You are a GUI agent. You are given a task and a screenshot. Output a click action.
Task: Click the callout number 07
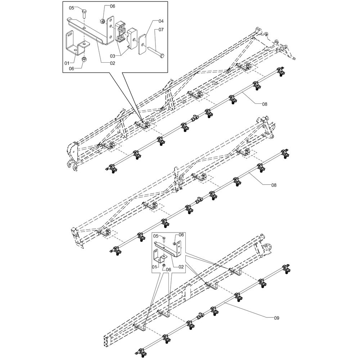pyautogui.click(x=161, y=30)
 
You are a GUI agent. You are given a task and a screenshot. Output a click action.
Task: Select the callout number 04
pyautogui.click(x=161, y=21)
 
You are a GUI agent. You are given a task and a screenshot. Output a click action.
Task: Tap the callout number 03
pyautogui.click(x=112, y=56)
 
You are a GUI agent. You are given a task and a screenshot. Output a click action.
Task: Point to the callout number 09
pyautogui.click(x=276, y=318)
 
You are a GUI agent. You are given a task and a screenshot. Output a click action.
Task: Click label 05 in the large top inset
pyautogui.click(x=72, y=8)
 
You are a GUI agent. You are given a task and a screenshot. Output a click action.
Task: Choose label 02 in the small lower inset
pyautogui.click(x=181, y=267)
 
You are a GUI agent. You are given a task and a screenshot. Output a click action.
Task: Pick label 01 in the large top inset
pyautogui.click(x=67, y=63)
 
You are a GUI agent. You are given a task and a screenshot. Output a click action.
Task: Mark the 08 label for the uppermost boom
pyautogui.click(x=265, y=104)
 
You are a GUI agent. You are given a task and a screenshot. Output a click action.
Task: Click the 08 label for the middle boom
pyautogui.click(x=274, y=185)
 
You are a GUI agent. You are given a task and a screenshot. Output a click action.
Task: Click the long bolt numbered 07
pyautogui.click(x=157, y=52)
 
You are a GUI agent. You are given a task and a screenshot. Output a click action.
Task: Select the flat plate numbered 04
pyautogui.click(x=143, y=44)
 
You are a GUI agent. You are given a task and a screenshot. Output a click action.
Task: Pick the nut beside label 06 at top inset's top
pyautogui.click(x=103, y=21)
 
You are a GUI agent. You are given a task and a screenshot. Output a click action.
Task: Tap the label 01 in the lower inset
pyautogui.click(x=154, y=267)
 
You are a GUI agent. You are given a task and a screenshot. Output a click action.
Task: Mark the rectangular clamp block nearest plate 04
pyautogui.click(x=132, y=39)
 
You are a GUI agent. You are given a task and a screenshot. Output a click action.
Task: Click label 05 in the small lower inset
pyautogui.click(x=156, y=236)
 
